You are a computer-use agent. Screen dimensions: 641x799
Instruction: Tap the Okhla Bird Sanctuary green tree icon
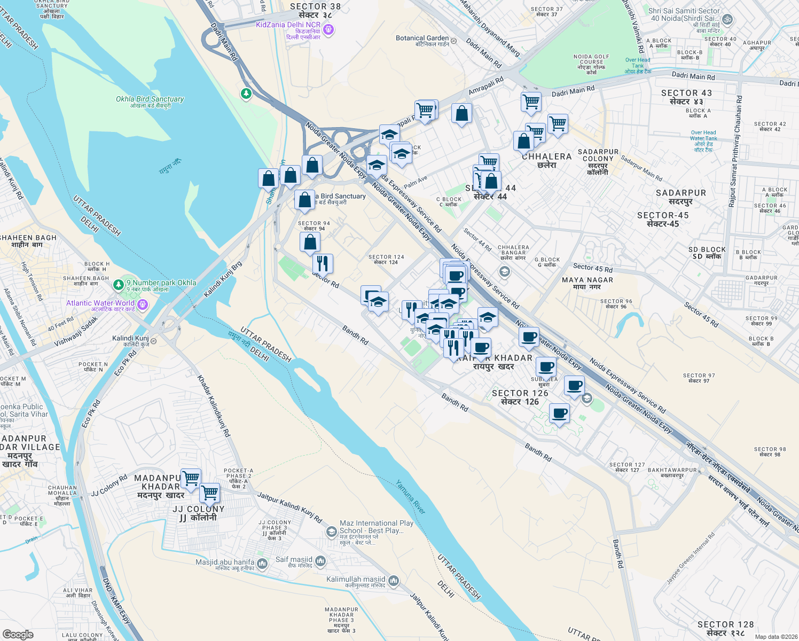click(246, 94)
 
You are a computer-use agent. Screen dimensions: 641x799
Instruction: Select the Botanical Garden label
click(422, 41)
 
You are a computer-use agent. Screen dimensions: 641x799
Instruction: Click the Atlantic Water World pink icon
click(142, 304)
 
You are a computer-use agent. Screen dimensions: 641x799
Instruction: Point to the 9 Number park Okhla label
click(161, 286)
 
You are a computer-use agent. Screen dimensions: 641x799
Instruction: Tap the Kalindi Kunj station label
click(130, 341)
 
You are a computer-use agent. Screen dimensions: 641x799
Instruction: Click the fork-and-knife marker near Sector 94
click(323, 263)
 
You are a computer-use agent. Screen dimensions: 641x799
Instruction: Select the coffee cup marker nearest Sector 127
click(559, 413)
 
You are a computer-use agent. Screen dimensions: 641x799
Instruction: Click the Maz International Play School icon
click(331, 531)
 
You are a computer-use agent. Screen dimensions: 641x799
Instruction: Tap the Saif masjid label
click(294, 562)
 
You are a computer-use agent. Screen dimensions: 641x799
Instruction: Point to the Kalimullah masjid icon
click(393, 581)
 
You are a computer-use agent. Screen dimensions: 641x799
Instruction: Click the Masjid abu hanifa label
click(225, 565)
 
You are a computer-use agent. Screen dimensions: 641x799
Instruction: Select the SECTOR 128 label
click(725, 628)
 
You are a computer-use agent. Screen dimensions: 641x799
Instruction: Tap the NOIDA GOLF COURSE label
click(591, 64)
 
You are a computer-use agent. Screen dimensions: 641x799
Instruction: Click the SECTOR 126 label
click(520, 397)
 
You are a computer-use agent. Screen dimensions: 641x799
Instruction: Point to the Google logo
click(18, 634)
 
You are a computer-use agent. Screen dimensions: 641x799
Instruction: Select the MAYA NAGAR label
click(587, 283)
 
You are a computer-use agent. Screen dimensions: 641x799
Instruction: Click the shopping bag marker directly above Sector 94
click(304, 200)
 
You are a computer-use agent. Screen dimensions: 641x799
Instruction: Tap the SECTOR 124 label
click(386, 260)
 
